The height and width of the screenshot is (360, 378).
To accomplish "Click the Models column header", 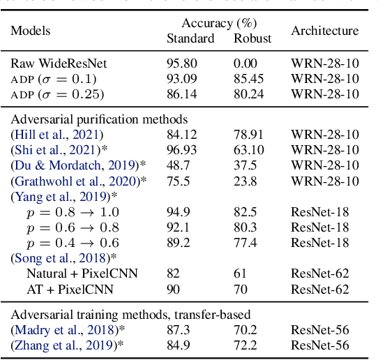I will coord(30,31).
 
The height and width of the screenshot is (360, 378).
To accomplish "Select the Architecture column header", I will coord(324,31).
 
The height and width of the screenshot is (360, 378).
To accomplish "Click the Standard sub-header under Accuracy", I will coord(190,38).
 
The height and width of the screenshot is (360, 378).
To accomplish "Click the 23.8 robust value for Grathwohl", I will coord(245,181).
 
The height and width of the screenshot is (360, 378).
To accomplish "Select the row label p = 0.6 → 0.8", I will coord(73,227).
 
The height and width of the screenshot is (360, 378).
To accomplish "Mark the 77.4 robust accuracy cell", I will coord(245,242).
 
